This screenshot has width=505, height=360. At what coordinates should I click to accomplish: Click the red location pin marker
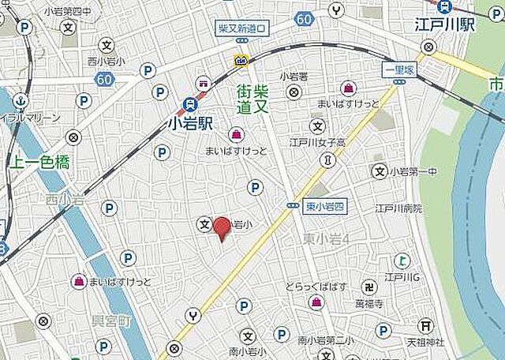tap(223, 227)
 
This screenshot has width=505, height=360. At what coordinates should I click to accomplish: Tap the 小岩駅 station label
tap(191, 123)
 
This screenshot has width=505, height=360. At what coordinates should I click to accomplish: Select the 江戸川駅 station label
tap(446, 24)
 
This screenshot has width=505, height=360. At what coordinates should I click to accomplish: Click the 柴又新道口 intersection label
tap(242, 28)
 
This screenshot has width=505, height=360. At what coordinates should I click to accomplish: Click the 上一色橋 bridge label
tap(39, 163)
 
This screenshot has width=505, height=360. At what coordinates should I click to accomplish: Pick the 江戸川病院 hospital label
tap(398, 208)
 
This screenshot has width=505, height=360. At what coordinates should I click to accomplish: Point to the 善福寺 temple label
tap(368, 303)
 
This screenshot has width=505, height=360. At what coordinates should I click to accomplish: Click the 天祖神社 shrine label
tap(425, 342)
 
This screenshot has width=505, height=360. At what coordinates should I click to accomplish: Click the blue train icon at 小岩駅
tap(190, 103)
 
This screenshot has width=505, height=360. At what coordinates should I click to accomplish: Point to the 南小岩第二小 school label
tap(325, 341)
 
